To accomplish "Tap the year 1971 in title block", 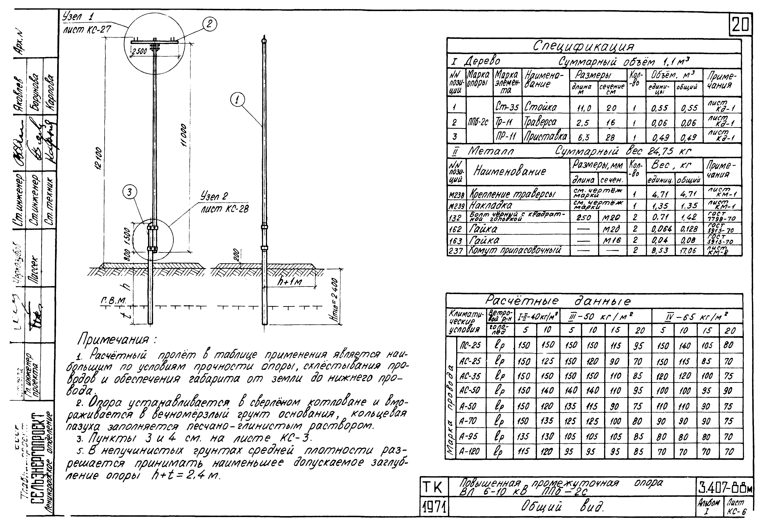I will click(x=434, y=507).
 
